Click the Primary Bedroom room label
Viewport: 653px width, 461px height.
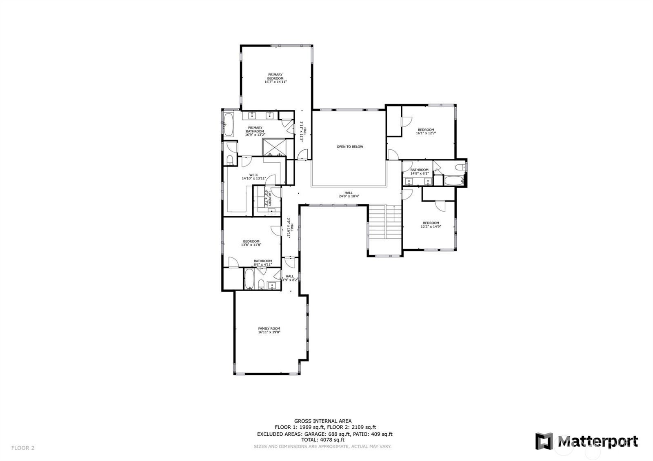click(x=275, y=76)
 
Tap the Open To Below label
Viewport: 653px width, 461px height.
click(x=350, y=146)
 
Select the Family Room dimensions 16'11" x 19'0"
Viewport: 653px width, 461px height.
click(x=269, y=332)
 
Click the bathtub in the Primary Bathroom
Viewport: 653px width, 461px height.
click(x=228, y=124)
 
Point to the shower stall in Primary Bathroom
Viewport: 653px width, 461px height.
click(x=274, y=147)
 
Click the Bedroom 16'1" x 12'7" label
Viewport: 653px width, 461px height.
click(x=426, y=130)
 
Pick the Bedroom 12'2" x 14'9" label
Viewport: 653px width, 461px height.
click(x=431, y=223)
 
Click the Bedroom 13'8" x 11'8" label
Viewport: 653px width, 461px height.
click(x=251, y=241)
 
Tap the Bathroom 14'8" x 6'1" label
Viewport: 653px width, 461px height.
click(x=420, y=170)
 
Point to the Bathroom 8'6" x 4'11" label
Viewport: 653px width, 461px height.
click(x=262, y=261)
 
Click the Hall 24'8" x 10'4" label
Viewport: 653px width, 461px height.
click(x=349, y=193)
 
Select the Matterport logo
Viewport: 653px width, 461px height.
click(x=586, y=441)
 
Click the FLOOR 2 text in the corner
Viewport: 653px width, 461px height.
click(x=23, y=448)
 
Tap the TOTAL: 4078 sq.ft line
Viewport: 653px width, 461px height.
click(x=323, y=440)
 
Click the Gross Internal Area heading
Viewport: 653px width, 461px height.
click(x=323, y=421)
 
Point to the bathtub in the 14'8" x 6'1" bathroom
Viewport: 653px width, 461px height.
click(x=453, y=181)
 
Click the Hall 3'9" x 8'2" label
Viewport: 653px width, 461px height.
click(x=289, y=276)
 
